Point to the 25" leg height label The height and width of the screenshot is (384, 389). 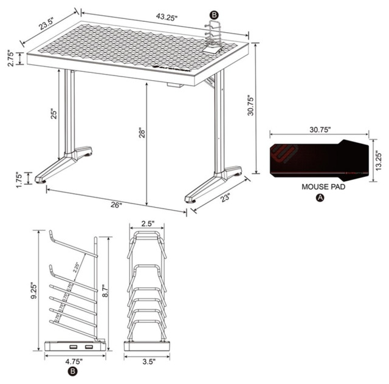pyautogui.click(x=52, y=115)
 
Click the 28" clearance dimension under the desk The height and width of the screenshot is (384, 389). pyautogui.click(x=141, y=132)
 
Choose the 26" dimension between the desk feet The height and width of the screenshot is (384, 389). pyautogui.click(x=115, y=205)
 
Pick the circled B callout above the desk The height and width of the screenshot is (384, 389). pyautogui.click(x=213, y=14)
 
